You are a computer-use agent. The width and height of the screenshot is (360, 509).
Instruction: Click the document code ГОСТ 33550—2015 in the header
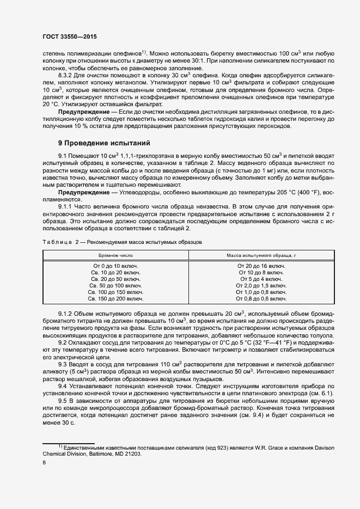coord(72,37)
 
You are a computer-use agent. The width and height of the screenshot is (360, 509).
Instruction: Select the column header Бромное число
coord(115,255)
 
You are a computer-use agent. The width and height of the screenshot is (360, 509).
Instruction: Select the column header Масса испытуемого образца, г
coord(261,255)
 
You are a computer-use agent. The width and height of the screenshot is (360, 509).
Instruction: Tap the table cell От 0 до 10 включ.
coord(115,266)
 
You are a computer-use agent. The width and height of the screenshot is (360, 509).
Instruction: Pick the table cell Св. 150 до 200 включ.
coord(115,298)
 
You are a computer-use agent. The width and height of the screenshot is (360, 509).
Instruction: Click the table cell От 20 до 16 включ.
coord(261,266)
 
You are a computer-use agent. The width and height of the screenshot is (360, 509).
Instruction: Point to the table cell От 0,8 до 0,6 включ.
coord(261,298)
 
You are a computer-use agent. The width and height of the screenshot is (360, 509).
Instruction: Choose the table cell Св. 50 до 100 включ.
coord(115,285)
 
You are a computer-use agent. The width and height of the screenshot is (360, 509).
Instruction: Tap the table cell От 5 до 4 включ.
coord(261,279)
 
